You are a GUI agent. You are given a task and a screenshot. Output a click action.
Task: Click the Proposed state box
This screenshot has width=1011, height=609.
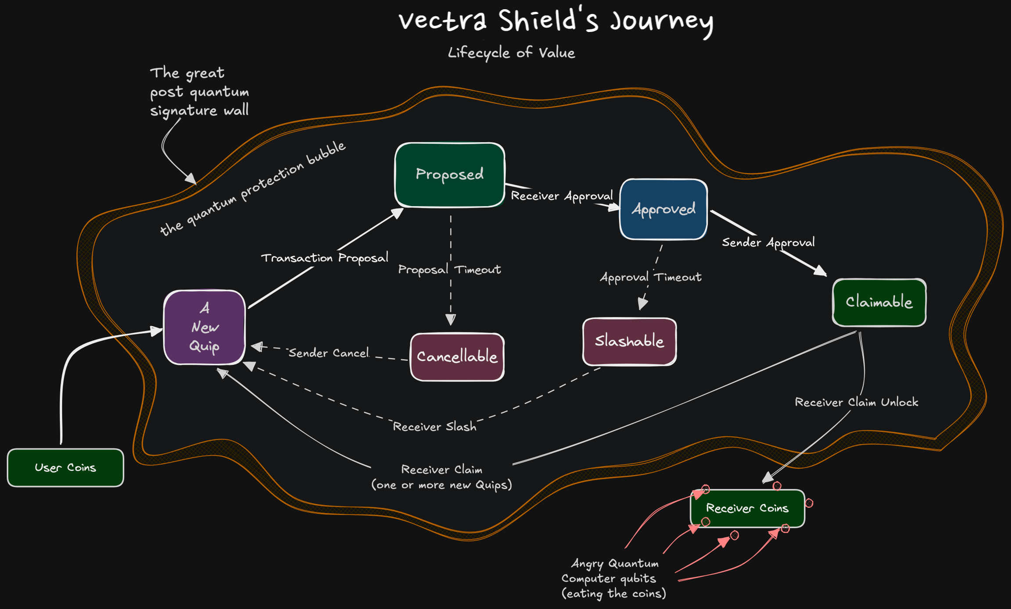(x=450, y=175)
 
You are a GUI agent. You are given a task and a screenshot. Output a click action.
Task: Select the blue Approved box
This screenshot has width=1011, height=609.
(x=663, y=209)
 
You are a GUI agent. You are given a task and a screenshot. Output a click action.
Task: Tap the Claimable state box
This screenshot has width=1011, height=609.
(x=879, y=303)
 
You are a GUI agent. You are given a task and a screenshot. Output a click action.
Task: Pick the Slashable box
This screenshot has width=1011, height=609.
(x=629, y=341)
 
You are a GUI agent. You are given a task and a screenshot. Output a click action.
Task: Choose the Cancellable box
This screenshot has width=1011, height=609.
(x=457, y=357)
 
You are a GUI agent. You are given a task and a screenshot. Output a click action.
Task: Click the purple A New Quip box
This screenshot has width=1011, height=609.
(x=204, y=327)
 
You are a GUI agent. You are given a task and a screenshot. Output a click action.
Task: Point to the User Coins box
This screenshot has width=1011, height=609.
(x=65, y=467)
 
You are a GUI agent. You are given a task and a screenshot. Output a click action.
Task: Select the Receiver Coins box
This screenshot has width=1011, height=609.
(x=747, y=508)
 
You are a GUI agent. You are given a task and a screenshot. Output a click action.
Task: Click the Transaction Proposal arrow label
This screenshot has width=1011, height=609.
(x=325, y=258)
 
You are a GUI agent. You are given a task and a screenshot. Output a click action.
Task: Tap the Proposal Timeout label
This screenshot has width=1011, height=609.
(x=449, y=269)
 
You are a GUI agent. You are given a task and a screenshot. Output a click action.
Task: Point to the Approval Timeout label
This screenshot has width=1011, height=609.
(x=650, y=277)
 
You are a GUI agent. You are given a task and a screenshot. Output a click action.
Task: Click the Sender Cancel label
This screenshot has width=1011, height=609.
(x=329, y=353)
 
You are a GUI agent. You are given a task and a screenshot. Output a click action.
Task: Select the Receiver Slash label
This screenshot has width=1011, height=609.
(x=434, y=427)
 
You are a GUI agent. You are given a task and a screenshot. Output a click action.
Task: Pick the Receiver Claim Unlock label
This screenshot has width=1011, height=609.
(x=856, y=402)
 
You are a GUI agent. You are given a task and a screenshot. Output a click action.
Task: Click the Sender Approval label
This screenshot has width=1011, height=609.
(x=768, y=242)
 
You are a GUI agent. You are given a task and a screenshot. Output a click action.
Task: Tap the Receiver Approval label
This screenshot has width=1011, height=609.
(x=562, y=196)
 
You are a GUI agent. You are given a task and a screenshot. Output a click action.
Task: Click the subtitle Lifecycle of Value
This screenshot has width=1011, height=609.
(x=511, y=53)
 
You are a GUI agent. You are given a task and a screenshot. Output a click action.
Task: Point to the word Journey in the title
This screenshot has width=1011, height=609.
(x=662, y=21)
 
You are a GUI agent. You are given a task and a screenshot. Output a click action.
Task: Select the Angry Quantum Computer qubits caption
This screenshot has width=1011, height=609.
(x=614, y=578)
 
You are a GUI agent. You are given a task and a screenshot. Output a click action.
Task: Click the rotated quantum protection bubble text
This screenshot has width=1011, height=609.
(x=253, y=189)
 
